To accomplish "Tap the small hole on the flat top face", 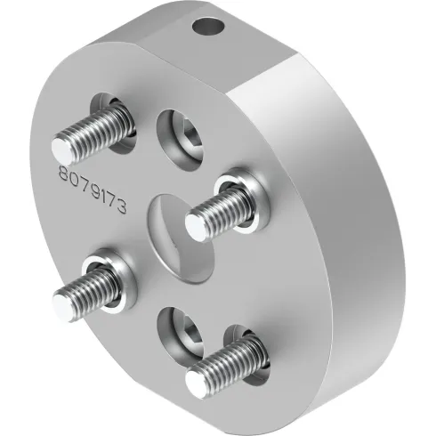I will pos(210,27).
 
